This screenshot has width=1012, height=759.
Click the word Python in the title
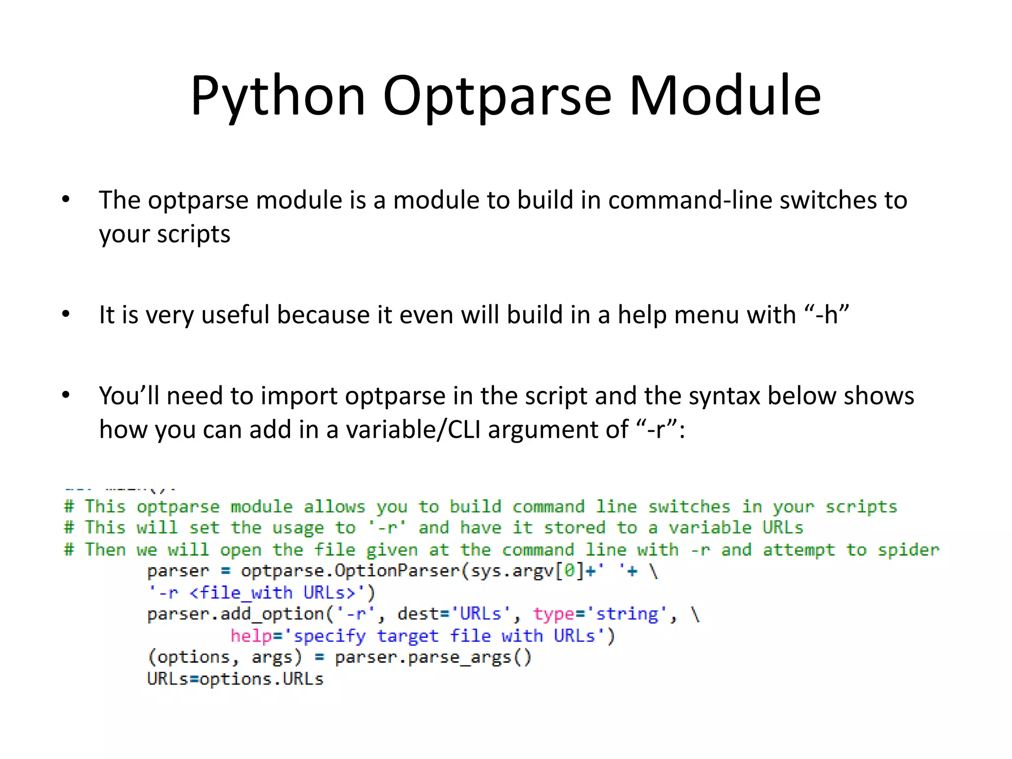(278, 96)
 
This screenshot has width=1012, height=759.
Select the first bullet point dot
(66, 200)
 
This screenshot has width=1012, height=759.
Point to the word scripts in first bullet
(193, 234)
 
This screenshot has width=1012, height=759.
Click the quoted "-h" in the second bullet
(826, 314)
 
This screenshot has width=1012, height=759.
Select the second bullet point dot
(66, 314)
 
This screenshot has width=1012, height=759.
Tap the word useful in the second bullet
(236, 315)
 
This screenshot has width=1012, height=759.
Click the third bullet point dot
(66, 395)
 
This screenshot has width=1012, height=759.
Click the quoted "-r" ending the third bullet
(657, 429)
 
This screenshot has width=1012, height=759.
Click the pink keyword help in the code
(251, 636)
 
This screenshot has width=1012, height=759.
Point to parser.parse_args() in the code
(433, 658)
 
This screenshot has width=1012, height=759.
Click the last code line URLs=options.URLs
(235, 679)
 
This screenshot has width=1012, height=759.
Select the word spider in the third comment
(908, 549)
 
